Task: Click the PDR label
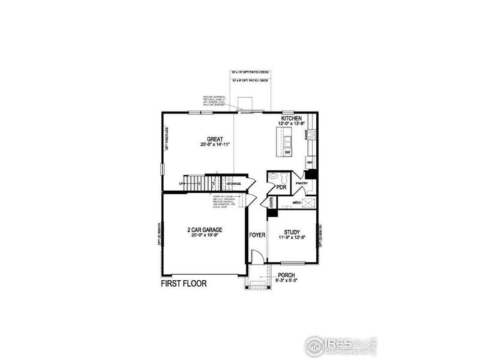pos(281,187)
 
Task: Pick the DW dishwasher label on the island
pos(287,152)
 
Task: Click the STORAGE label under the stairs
pos(233,183)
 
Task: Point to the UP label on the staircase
pos(182,184)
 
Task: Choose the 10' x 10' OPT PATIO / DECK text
pos(250,73)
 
